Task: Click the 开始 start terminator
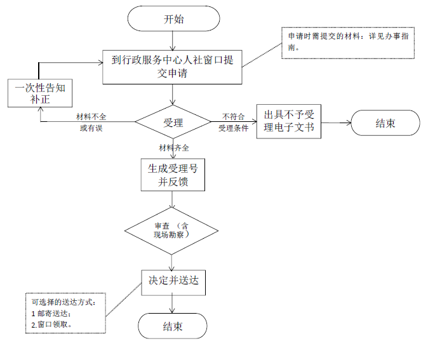173,19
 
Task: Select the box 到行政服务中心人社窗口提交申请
173,67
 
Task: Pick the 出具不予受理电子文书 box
289,121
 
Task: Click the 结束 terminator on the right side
385,123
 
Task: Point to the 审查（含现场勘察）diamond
172,230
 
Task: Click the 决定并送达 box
173,280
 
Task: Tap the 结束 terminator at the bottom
173,327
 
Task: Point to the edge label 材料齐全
173,148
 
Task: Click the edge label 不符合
234,117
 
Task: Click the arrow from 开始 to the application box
173,41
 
